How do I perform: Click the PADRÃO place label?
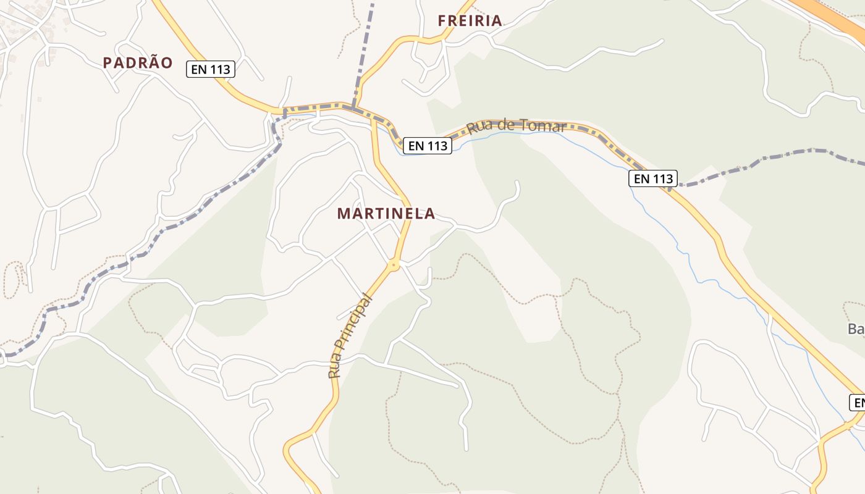click(x=138, y=62)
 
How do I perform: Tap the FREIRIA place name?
click(x=470, y=20)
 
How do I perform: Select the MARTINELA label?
click(x=386, y=214)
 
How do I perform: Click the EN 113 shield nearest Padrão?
click(x=211, y=70)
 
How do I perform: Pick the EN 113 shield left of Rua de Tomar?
click(x=428, y=146)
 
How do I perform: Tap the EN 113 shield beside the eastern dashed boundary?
click(x=653, y=179)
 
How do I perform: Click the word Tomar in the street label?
click(x=543, y=126)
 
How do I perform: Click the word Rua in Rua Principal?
click(x=335, y=368)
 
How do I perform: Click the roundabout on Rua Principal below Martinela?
click(x=394, y=265)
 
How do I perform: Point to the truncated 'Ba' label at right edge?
click(x=856, y=329)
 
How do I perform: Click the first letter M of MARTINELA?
click(x=343, y=214)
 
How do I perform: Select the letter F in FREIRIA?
click(x=442, y=20)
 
